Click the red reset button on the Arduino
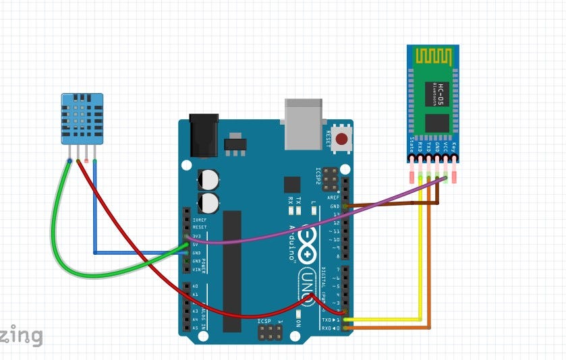(342, 139)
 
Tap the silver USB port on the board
(304, 123)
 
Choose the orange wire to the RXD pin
(430, 283)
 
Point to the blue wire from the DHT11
(95, 216)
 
